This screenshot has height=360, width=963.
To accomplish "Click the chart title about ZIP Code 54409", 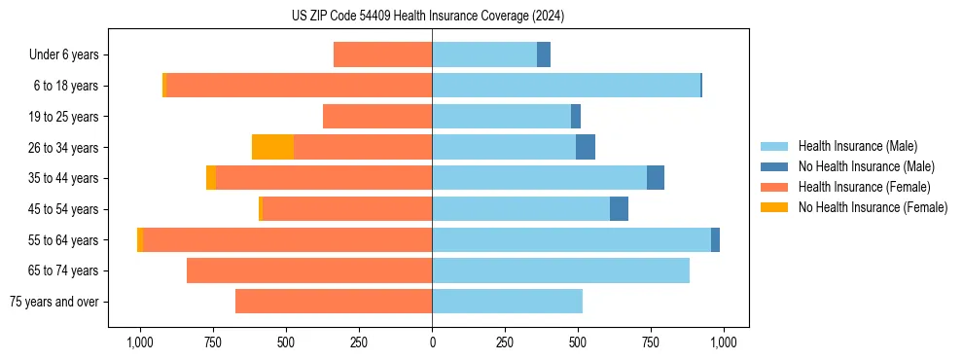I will [427, 17].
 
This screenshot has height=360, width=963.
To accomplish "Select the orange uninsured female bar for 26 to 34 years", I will [272, 147].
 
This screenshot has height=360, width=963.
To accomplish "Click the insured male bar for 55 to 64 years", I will [571, 239].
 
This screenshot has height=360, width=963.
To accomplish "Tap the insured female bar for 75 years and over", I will [334, 302].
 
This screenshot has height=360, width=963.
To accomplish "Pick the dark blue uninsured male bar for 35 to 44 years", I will [656, 178].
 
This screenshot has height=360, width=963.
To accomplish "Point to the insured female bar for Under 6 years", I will [382, 54].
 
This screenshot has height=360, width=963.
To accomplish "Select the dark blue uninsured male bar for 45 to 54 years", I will [619, 208].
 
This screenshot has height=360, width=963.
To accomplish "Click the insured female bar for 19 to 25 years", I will [377, 117].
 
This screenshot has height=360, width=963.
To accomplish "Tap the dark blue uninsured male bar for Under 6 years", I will [544, 54].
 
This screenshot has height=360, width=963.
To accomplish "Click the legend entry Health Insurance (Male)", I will [857, 146].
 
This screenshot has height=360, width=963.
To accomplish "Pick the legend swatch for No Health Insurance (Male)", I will [775, 166].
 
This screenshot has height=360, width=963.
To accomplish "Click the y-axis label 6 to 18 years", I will [65, 86].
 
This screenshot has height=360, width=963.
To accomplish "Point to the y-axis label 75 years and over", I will [53, 302].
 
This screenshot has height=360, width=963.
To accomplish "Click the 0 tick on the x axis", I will [432, 342].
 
